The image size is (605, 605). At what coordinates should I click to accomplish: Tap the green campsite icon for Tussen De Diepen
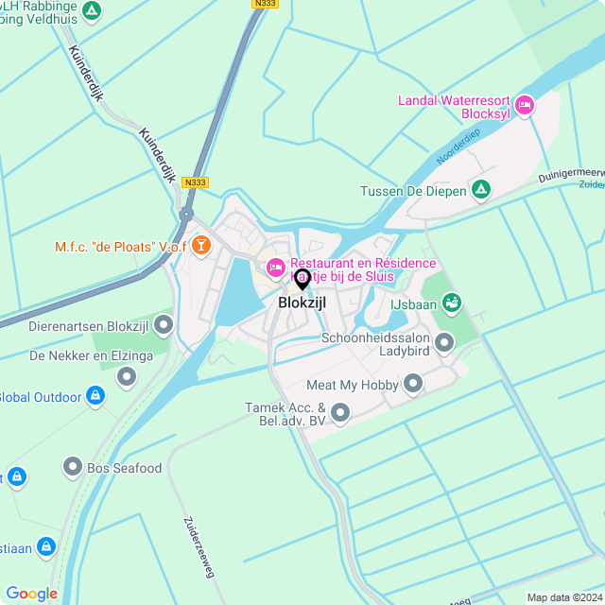point(481,191)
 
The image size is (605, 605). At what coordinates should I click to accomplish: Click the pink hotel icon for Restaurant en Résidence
point(276,268)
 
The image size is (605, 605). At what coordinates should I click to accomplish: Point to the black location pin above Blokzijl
point(302,279)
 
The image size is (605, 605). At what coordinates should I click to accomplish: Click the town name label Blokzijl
point(302,303)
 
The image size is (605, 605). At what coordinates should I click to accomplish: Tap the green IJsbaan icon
point(452,302)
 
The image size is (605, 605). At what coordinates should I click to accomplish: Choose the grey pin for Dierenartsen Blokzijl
point(164,326)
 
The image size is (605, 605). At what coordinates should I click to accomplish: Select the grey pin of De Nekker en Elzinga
point(127,377)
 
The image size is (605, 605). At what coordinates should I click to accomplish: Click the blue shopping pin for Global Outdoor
point(95,396)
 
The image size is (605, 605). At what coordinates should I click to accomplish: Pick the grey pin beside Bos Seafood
point(73,467)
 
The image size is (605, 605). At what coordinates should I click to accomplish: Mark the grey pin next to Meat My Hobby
point(413,384)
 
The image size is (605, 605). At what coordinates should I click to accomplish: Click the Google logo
point(31,593)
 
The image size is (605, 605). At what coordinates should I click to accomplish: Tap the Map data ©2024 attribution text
point(563,597)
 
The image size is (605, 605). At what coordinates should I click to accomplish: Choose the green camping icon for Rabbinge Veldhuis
point(92,11)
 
